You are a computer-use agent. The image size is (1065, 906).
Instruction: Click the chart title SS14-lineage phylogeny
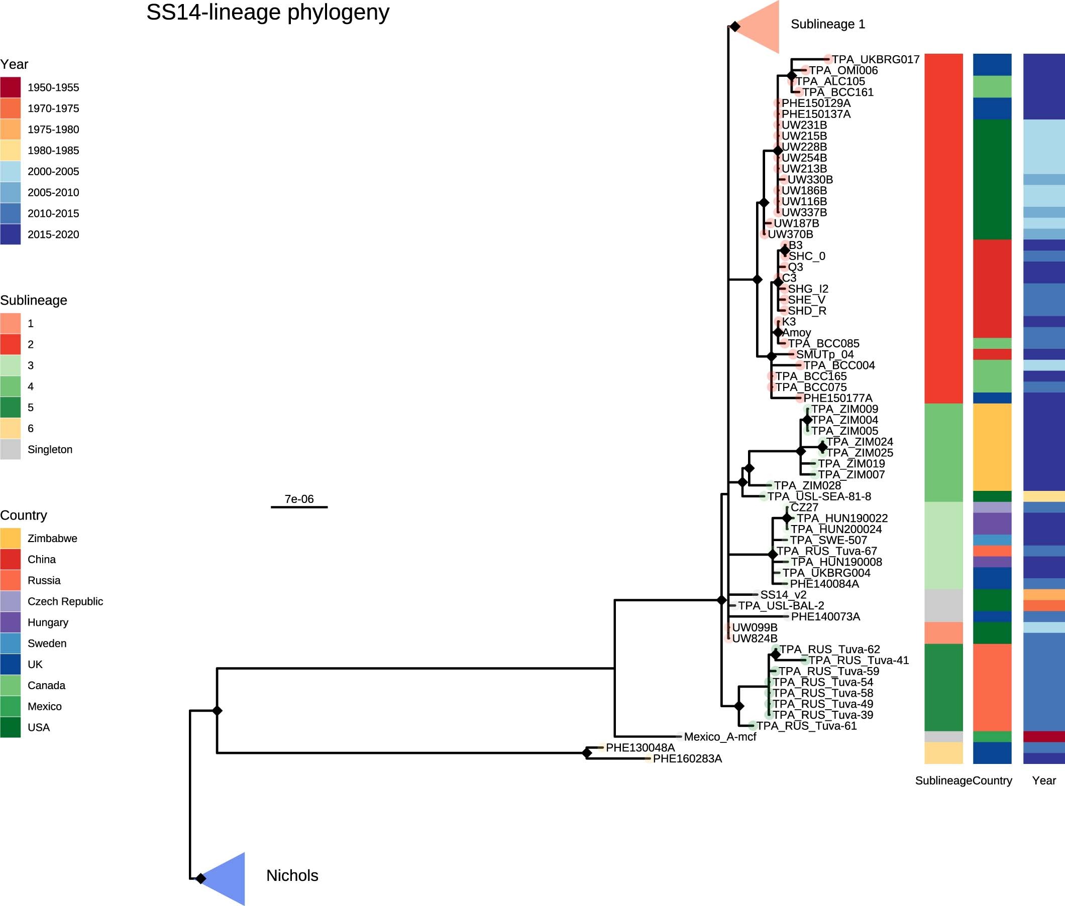pos(268,13)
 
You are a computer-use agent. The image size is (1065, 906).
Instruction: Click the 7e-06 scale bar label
pos(299,499)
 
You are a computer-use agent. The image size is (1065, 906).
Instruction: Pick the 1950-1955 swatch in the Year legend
pos(10,87)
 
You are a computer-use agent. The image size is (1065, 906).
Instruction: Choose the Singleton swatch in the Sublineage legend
pos(10,449)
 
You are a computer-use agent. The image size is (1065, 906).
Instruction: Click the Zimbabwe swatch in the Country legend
pos(10,538)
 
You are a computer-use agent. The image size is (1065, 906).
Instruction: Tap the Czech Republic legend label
pos(65,601)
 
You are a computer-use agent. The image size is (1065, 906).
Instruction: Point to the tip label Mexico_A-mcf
pos(719,737)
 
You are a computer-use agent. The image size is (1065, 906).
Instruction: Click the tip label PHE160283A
pos(687,758)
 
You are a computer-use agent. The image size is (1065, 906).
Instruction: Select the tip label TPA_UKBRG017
pos(875,60)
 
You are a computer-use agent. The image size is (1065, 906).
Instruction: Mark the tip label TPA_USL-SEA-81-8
pos(819,496)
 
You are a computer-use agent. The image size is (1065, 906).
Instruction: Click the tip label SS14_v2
pos(783,595)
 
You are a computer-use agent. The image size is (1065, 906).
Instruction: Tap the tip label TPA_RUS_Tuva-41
pos(859,661)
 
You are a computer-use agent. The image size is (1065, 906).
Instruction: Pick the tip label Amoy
pos(796,333)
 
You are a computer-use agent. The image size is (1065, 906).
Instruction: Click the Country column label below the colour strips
pos(992,781)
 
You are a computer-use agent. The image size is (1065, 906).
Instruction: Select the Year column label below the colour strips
pos(1044,781)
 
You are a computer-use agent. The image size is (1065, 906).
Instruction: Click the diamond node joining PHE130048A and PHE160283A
pos(587,753)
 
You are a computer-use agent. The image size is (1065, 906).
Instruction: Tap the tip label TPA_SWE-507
pos(828,540)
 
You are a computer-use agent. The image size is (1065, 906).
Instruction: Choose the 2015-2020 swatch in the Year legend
pos(10,234)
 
